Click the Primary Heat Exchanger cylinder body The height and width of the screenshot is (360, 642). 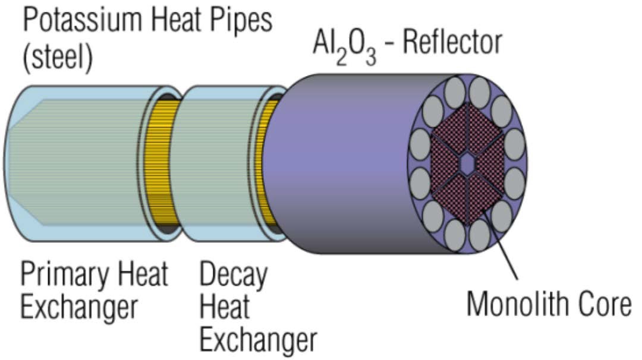point(77,163)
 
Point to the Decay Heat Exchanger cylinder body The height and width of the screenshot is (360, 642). point(217,163)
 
